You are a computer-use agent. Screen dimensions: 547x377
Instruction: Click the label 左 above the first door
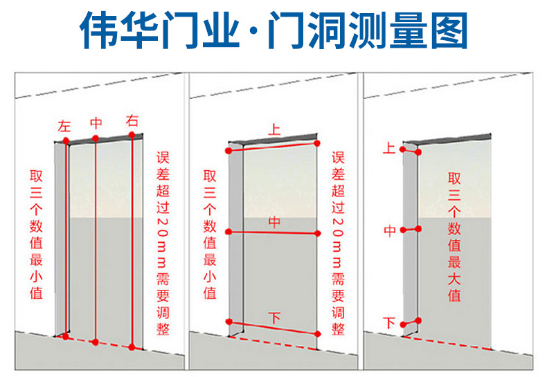[x=64, y=127]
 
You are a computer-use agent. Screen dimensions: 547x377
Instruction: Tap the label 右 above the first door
[x=132, y=121]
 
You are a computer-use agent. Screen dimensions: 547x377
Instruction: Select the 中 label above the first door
[x=96, y=123]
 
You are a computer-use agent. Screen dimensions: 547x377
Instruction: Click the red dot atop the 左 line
[x=66, y=140]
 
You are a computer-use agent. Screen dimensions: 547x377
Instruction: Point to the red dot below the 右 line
[x=132, y=347]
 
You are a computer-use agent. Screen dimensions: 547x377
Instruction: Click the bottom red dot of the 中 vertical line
[x=96, y=342]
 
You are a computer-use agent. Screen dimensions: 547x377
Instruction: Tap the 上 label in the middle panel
[x=274, y=129]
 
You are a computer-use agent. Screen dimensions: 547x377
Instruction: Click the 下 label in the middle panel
[x=275, y=318]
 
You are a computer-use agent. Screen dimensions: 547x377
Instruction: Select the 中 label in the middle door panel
[x=275, y=222]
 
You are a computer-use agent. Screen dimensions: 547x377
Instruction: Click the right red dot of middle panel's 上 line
[x=316, y=143]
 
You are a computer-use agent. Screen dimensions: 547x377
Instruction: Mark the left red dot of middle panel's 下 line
[x=229, y=322]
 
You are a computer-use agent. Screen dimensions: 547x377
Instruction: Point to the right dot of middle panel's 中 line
[x=317, y=233]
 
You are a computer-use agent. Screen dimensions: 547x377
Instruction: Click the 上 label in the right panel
[x=389, y=148]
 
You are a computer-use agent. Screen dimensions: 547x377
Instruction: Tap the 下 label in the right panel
[x=389, y=322]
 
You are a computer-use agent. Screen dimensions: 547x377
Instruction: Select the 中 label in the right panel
[x=390, y=231]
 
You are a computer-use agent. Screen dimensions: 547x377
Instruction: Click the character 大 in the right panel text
[x=454, y=279]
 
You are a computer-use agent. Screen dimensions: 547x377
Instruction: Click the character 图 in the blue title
[x=449, y=30]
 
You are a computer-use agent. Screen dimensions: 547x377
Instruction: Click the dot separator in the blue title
[x=253, y=30]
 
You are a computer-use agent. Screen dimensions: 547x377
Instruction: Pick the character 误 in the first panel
[x=163, y=158]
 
